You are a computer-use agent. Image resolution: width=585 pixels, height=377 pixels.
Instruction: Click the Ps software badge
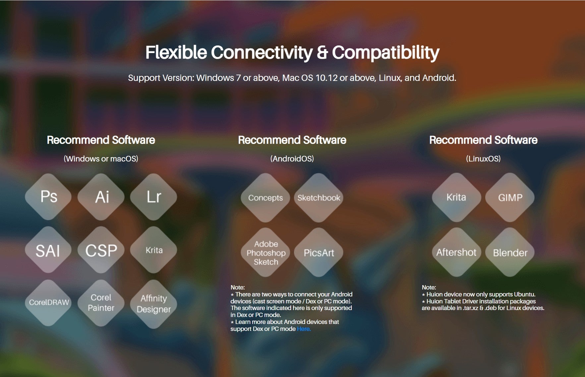coord(48,197)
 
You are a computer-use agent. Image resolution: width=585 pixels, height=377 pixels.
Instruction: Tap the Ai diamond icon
coord(101,197)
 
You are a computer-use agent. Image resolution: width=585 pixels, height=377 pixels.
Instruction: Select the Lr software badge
coord(153,197)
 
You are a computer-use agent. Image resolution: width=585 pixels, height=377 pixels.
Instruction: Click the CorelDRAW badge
coord(48,303)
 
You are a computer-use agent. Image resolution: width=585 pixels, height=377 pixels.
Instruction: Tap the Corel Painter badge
coord(101,303)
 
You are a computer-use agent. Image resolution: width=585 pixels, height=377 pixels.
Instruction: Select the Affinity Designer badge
coord(153,303)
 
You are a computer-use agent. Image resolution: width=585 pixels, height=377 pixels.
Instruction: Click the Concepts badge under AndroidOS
coord(265,198)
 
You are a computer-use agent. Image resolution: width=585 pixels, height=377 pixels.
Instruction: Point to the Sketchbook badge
coord(319,198)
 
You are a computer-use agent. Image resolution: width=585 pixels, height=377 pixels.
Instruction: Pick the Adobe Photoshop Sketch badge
coord(265,252)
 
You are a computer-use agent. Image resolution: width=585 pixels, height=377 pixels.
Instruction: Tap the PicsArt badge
coord(319,252)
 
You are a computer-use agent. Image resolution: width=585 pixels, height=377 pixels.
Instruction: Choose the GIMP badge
coord(510,197)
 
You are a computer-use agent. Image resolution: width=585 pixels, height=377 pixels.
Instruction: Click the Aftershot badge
coord(456,252)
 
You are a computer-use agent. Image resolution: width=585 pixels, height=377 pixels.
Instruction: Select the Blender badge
coord(510,252)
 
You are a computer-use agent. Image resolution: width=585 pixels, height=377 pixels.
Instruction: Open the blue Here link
coord(304,329)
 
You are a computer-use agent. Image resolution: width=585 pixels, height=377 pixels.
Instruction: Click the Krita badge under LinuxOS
coord(456,197)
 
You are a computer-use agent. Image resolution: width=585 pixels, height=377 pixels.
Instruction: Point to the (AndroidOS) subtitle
coord(292,158)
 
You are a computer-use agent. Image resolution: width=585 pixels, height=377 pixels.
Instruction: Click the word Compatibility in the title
coord(386,53)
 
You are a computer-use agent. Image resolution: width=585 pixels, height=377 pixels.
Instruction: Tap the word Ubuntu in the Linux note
coord(524,294)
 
